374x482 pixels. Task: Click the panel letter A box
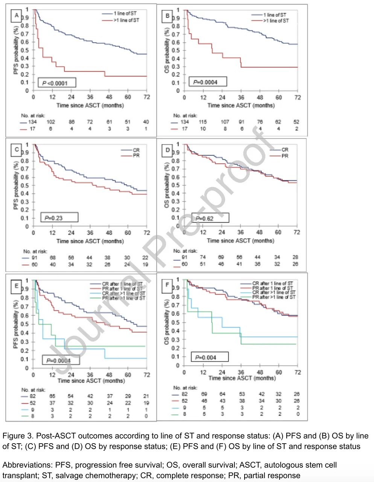[16, 15]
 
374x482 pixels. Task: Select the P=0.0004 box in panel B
[205, 82]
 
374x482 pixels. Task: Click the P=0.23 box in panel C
[59, 218]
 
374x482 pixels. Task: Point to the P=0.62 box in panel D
[210, 218]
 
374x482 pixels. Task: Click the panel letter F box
[167, 285]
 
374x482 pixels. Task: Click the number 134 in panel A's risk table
[33, 122]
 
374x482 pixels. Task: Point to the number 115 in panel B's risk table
[203, 122]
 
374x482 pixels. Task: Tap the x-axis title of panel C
[90, 241]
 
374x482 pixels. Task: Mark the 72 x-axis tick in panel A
[147, 97]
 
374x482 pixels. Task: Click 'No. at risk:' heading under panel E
[33, 390]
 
